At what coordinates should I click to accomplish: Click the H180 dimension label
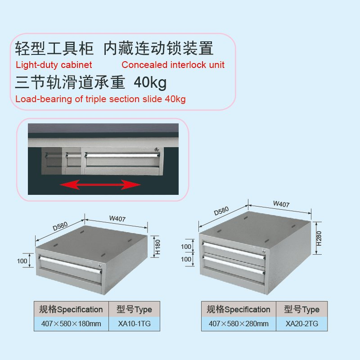158,247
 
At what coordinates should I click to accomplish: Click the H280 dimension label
319,238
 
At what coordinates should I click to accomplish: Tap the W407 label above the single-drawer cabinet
117,218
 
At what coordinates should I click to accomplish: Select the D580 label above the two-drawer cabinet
221,211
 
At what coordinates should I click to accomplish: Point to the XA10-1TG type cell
134,324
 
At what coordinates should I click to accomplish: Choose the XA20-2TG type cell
301,324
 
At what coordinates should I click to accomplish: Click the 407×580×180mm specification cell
71,324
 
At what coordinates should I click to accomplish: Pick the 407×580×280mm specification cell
238,324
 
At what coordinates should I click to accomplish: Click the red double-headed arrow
100,184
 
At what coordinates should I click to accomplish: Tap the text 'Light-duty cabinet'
54,65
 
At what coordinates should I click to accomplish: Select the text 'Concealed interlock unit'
173,65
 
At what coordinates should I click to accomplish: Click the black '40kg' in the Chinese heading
150,83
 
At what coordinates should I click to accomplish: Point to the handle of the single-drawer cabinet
70,265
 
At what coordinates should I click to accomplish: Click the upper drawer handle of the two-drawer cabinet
234,250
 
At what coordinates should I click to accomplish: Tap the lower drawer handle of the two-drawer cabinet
234,264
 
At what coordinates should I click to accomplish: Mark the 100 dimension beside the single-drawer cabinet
22,261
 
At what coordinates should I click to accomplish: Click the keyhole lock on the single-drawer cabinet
100,265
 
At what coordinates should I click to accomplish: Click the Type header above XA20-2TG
301,309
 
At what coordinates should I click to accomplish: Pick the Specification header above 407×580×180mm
71,309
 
